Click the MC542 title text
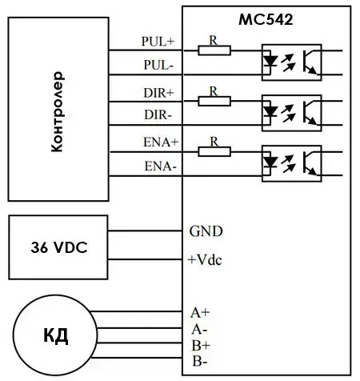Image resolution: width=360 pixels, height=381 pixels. point(266,19)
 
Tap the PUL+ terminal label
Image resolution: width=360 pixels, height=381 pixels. point(158,42)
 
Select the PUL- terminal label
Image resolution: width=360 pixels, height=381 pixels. point(158,65)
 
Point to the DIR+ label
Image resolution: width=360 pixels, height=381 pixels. point(158,93)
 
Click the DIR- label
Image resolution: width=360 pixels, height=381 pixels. point(158,115)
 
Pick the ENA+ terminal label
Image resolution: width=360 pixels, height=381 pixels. point(161,142)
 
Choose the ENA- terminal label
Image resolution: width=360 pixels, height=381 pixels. point(161,166)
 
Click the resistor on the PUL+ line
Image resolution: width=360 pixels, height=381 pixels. point(214,50)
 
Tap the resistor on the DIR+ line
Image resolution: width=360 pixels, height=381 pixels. point(214,101)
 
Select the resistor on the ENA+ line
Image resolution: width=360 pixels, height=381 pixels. point(214,151)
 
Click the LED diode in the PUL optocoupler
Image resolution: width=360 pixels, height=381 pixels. point(270,61)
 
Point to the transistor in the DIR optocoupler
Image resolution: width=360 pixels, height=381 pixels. point(310,113)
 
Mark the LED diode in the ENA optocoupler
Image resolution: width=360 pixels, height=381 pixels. point(270,162)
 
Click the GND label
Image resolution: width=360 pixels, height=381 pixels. point(206,231)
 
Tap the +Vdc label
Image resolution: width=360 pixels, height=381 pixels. point(205,259)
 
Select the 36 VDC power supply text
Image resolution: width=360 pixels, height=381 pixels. point(59,247)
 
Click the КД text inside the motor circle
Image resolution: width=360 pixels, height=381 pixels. point(56,336)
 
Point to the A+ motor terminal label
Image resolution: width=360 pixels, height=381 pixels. point(200,312)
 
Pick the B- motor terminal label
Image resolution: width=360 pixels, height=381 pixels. point(200,362)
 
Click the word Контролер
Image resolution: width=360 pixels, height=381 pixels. point(58,111)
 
